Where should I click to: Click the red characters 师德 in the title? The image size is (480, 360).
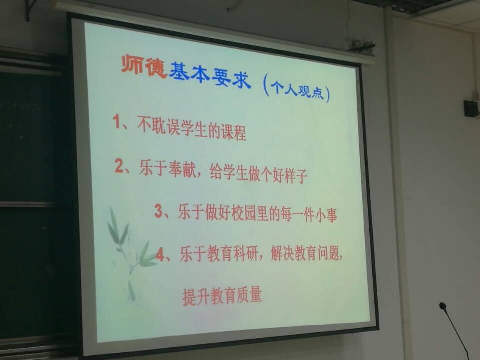[143, 66]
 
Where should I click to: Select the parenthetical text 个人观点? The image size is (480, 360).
[297, 89]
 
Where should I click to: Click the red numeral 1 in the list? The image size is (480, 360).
[116, 121]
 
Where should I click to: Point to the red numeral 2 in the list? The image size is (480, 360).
[119, 166]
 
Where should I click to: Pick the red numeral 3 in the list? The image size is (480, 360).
[158, 211]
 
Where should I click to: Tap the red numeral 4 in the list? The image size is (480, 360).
[160, 254]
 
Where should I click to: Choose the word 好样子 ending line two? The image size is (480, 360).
[289, 175]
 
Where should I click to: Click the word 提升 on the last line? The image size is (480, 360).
[195, 296]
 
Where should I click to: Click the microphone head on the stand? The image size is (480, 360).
[442, 306]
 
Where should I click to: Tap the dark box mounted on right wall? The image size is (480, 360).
[471, 108]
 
